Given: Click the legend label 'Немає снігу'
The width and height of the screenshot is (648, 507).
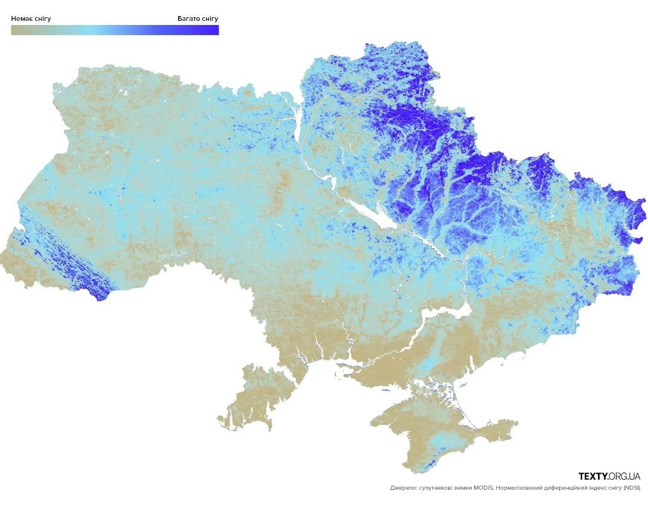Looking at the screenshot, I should [x=31, y=18].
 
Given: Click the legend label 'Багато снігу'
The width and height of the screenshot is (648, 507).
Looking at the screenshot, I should [x=198, y=18].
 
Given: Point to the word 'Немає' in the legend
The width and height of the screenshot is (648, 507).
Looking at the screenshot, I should [x=21, y=18].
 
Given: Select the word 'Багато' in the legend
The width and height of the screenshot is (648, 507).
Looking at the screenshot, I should [x=189, y=18].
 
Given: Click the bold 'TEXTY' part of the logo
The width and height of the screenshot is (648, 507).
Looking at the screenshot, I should [x=593, y=477].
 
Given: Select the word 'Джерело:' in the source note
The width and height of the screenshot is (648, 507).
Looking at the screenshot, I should [x=404, y=488].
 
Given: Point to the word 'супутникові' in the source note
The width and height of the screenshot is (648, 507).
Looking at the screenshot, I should [x=436, y=488].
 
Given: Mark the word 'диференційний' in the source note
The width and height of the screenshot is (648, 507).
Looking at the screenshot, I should [x=570, y=488].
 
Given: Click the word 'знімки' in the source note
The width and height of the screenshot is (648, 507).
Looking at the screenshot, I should [x=464, y=488].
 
